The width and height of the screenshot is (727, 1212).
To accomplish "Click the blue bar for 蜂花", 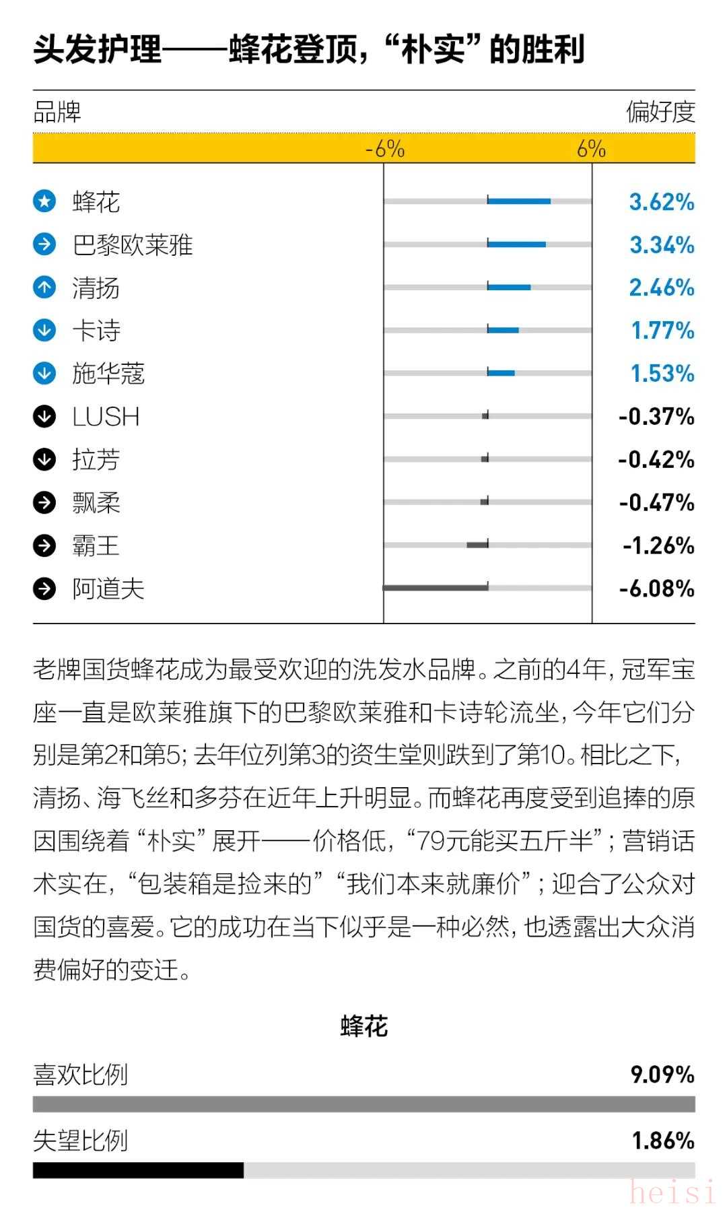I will tap(519, 201).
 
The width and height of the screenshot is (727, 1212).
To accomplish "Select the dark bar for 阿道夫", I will tap(436, 588).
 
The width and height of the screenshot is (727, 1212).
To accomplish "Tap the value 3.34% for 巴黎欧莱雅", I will tap(662, 244).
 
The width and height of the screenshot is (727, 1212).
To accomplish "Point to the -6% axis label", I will tap(384, 149).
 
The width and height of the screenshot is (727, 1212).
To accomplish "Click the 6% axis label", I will tap(591, 149).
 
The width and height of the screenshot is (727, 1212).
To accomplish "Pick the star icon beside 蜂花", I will tap(44, 201).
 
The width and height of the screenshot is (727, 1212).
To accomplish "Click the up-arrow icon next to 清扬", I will tap(44, 288).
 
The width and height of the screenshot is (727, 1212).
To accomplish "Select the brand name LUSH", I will tap(106, 417).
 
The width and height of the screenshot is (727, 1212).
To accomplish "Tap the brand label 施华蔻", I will tap(108, 374).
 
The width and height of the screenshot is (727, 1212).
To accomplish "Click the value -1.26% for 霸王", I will tap(658, 545).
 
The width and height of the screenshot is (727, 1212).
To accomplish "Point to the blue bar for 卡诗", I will tap(503, 330).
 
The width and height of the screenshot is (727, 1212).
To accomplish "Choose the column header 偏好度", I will tap(660, 112).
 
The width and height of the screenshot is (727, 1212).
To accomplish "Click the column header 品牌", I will tap(57, 112).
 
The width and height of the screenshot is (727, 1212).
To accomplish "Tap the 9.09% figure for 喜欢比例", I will tap(662, 1074).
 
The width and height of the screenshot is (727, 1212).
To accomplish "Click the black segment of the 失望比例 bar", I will tap(138, 1170).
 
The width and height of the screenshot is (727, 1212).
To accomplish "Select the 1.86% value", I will tap(662, 1140).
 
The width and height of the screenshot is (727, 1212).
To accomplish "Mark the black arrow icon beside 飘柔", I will tap(44, 502).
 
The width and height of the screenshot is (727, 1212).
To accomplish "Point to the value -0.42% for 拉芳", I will tap(656, 460).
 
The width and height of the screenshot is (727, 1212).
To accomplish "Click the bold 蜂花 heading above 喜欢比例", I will tap(364, 1027).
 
